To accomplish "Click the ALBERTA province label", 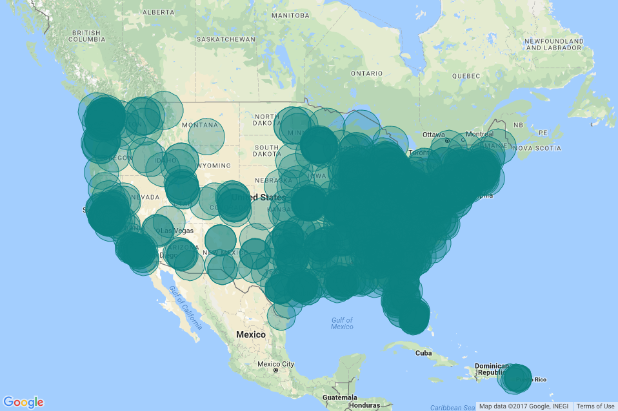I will pyautogui.click(x=158, y=12).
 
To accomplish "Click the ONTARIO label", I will pyautogui.click(x=367, y=73).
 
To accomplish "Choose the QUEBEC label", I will pyautogui.click(x=466, y=75).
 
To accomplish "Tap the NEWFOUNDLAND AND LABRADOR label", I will pyautogui.click(x=553, y=44).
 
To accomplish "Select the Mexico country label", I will pyautogui.click(x=251, y=334).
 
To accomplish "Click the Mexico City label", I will pyautogui.click(x=275, y=364).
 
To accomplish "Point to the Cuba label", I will pyautogui.click(x=423, y=353).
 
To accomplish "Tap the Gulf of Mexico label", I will pyautogui.click(x=343, y=323).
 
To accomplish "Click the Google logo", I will pyautogui.click(x=24, y=402).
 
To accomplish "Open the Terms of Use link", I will pyautogui.click(x=595, y=406).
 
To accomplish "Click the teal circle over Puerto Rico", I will pyautogui.click(x=517, y=378).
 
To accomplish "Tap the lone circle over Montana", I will pyautogui.click(x=206, y=137).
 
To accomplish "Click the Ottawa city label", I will pyautogui.click(x=434, y=134).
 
